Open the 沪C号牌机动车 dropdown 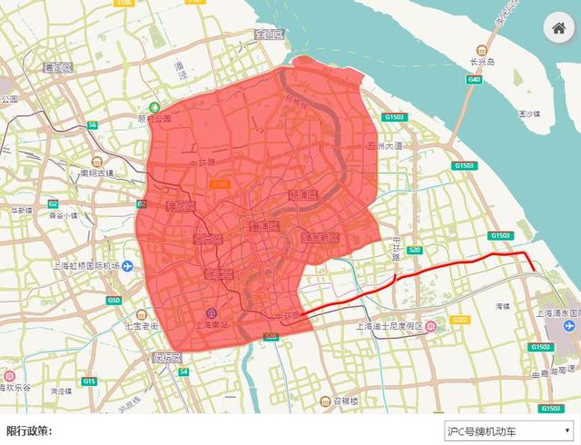pyautogui.click(x=507, y=430)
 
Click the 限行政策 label pyautogui.click(x=29, y=430)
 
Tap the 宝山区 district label pyautogui.click(x=270, y=35)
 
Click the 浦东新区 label pyautogui.click(x=320, y=238)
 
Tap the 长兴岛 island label pyautogui.click(x=482, y=62)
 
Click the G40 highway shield pyautogui.click(x=474, y=80)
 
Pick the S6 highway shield pyautogui.click(x=92, y=124)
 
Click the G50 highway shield pyautogui.click(x=113, y=300)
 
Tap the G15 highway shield pyautogui.click(x=88, y=381)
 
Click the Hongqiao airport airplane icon pyautogui.click(x=128, y=266)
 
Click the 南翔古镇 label pyautogui.click(x=97, y=173)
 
